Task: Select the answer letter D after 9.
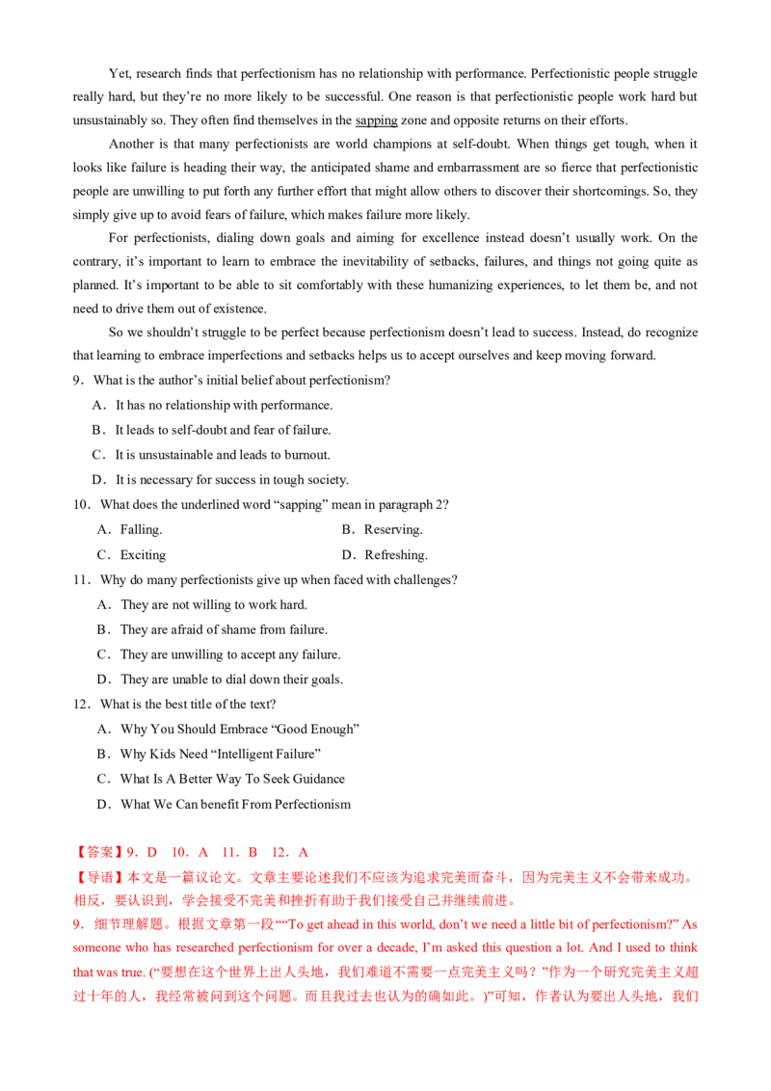click(152, 853)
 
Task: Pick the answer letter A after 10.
click(203, 853)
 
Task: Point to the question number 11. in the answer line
click(228, 853)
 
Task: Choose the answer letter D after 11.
click(253, 853)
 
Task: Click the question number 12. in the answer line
click(279, 853)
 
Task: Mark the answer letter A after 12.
click(305, 853)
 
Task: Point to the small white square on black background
click(280, 705)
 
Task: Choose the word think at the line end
click(687, 947)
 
